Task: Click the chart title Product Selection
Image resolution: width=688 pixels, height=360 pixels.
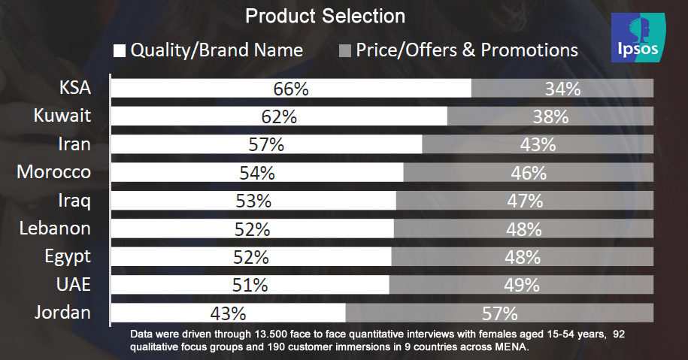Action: coord(325,16)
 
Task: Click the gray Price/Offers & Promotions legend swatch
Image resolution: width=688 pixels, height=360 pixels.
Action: coord(345,51)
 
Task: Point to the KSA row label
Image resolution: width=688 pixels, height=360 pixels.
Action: coord(75,88)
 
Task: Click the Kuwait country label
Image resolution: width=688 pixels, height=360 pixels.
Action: coord(62,116)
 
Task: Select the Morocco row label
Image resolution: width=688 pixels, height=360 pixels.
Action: coord(54,172)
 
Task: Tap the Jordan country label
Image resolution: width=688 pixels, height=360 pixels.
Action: coord(62,313)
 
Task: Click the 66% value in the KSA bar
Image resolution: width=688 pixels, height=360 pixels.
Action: coord(291,89)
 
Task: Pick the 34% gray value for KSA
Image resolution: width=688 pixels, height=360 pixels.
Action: coord(562,89)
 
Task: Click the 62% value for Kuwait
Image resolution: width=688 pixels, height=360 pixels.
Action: coord(279,116)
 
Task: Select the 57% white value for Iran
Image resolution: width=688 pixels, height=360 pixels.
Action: coord(266,145)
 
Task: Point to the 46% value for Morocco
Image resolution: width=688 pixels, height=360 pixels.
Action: coord(528,173)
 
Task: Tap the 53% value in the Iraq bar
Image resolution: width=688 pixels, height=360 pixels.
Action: coord(253,201)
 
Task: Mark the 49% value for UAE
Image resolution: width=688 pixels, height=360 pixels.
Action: coord(521,285)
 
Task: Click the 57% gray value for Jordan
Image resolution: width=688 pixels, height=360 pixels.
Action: coord(499,313)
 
